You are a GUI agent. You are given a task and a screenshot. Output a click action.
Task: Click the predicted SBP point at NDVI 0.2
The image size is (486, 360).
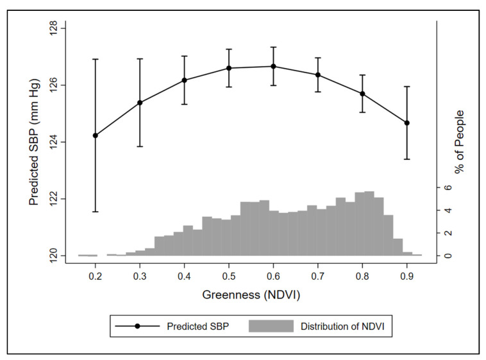tap(96, 135)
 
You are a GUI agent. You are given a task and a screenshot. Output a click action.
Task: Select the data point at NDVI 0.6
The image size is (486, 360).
tap(274, 66)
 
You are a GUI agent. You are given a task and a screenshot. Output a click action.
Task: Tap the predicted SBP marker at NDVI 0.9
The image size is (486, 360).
tap(407, 123)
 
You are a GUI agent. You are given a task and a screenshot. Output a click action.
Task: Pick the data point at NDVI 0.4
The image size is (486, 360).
tap(185, 80)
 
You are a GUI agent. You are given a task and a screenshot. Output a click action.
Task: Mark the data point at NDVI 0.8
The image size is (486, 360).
tap(363, 94)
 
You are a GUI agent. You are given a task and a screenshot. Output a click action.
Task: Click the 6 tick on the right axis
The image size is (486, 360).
tap(449, 187)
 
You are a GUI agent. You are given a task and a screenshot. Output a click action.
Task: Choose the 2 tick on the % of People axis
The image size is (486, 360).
tap(449, 233)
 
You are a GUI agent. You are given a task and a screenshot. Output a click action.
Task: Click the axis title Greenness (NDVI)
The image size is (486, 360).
tap(252, 296)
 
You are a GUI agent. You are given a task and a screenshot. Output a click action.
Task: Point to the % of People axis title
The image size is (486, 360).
tap(460, 142)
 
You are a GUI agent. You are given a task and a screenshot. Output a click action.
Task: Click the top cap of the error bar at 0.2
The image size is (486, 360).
tap(96, 59)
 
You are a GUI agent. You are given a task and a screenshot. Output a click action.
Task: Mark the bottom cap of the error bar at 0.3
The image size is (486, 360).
tap(140, 146)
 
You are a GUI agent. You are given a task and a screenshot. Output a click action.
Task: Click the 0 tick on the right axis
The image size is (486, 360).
tap(449, 255)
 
